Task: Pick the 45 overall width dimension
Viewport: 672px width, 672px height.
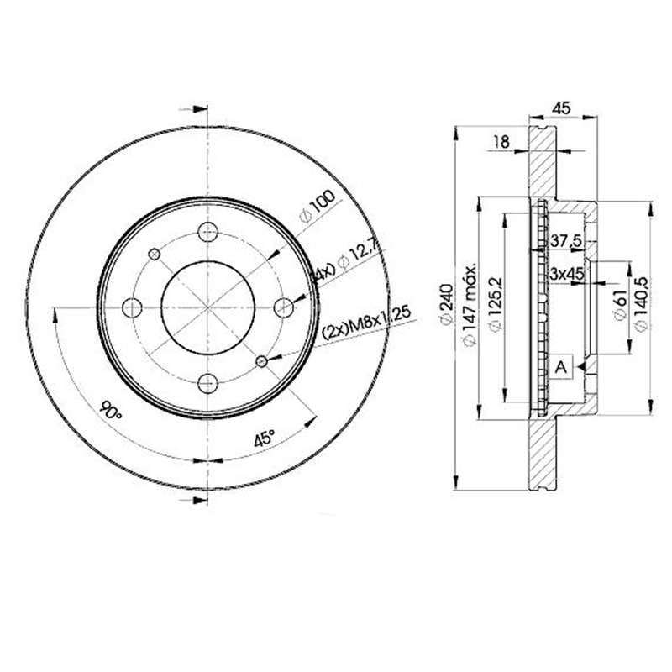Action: pyautogui.click(x=564, y=107)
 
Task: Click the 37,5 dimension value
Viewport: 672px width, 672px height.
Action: pyautogui.click(x=567, y=241)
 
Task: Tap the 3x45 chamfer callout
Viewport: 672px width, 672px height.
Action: pyautogui.click(x=568, y=274)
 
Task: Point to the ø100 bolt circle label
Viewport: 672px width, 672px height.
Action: pyautogui.click(x=317, y=206)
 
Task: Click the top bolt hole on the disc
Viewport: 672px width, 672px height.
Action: pyautogui.click(x=207, y=231)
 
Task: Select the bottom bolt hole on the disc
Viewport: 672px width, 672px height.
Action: pyautogui.click(x=207, y=384)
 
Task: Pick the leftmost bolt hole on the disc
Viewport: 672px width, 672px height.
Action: pyautogui.click(x=132, y=307)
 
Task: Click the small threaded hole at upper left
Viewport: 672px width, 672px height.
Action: pyautogui.click(x=154, y=254)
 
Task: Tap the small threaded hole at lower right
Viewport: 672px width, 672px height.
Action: pyautogui.click(x=261, y=361)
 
